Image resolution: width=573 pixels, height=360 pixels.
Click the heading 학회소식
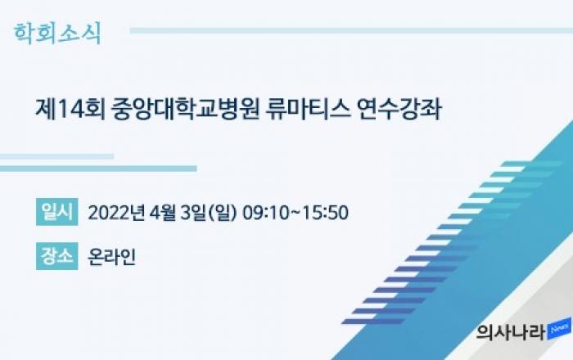pyautogui.click(x=57, y=34)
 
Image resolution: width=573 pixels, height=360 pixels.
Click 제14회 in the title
pyautogui.click(x=70, y=109)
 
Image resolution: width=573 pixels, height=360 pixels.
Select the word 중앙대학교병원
pyautogui.click(x=185, y=109)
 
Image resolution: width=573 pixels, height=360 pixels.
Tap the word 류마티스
pyautogui.click(x=307, y=109)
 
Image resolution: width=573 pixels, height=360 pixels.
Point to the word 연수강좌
pyautogui.click(x=399, y=109)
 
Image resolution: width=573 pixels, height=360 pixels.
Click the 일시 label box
pyautogui.click(x=57, y=212)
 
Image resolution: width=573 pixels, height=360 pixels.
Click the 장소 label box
pyautogui.click(x=57, y=256)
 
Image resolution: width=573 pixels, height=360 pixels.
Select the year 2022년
pyautogui.click(x=116, y=213)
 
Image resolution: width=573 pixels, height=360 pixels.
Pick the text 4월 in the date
pyautogui.click(x=162, y=213)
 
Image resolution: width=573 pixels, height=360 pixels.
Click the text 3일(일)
pyautogui.click(x=209, y=213)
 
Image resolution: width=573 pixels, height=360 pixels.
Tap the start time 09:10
pyautogui.click(x=266, y=213)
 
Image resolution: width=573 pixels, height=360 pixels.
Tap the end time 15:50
pyautogui.click(x=326, y=213)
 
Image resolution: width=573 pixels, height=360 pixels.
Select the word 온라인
pyautogui.click(x=112, y=256)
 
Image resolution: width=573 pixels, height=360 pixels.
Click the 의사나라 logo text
pyautogui.click(x=512, y=332)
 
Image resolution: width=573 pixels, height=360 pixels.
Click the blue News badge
pyautogui.click(x=559, y=329)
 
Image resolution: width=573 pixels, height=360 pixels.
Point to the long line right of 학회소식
pyautogui.click(x=351, y=30)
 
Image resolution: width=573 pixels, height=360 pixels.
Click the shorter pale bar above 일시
pyautogui.click(x=56, y=156)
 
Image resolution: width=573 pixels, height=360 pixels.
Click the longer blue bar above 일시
pyautogui.click(x=98, y=169)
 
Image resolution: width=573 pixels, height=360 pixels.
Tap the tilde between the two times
pyautogui.click(x=296, y=213)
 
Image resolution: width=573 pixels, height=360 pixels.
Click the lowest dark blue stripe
pyautogui.click(x=373, y=322)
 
